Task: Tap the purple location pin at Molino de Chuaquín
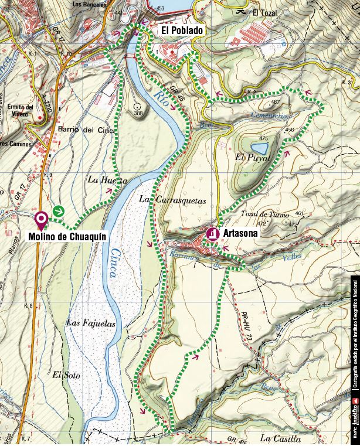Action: (42, 220)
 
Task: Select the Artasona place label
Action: (240, 233)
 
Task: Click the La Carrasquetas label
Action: (172, 200)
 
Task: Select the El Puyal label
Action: (252, 158)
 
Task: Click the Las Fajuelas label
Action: (91, 324)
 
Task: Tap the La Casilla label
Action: (280, 438)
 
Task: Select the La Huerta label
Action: (107, 181)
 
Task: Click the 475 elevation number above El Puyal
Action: (262, 138)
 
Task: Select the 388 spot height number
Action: (138, 113)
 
